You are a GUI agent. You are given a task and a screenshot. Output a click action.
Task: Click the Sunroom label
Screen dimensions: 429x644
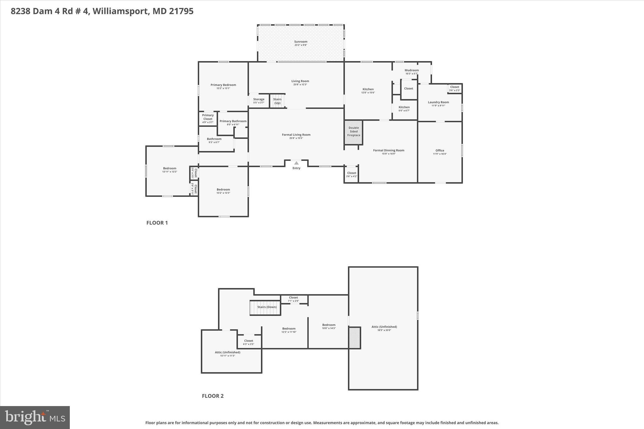[301, 42]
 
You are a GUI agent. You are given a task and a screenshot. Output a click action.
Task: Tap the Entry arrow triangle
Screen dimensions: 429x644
[296, 163]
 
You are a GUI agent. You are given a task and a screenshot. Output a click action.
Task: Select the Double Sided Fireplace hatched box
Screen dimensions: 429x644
[353, 132]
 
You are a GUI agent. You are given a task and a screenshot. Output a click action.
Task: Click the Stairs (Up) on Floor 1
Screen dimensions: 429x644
[277, 101]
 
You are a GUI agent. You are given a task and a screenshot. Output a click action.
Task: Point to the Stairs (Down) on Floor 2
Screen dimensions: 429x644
[265, 307]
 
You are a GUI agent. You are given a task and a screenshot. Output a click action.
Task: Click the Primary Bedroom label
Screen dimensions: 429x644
[223, 85]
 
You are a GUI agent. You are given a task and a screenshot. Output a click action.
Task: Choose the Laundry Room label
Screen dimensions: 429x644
[438, 102]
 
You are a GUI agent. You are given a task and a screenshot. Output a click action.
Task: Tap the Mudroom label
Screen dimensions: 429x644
[411, 70]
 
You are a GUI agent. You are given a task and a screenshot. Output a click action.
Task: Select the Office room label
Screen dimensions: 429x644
[440, 151]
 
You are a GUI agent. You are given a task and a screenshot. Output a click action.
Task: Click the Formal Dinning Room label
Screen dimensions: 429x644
[389, 151]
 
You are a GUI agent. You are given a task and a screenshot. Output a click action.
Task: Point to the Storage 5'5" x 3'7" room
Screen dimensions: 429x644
[259, 101]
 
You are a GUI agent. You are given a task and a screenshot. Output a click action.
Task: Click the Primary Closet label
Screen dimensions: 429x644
[208, 117]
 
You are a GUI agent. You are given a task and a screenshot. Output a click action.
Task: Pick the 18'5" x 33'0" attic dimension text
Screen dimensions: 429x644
[384, 330]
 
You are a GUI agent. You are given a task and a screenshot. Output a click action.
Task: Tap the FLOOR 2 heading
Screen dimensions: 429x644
[213, 396]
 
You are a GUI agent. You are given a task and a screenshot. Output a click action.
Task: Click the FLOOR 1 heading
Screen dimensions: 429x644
[157, 223]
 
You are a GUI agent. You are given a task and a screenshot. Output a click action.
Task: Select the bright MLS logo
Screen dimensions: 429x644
[35, 417]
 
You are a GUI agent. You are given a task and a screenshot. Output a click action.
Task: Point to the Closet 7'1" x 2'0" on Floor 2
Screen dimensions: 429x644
[293, 299]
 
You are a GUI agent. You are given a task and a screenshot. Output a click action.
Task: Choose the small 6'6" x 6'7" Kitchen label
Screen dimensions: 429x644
[404, 109]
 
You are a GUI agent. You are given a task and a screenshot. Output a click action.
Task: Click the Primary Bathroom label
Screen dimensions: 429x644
[233, 121]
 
